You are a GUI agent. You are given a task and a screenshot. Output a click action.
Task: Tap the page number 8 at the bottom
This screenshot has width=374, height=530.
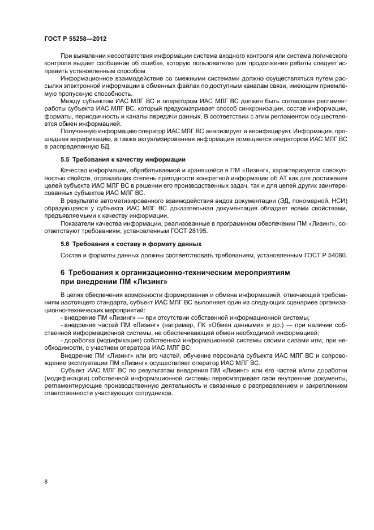click(45, 481)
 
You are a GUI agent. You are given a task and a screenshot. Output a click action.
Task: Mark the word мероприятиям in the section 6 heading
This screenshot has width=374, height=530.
click(260, 272)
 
